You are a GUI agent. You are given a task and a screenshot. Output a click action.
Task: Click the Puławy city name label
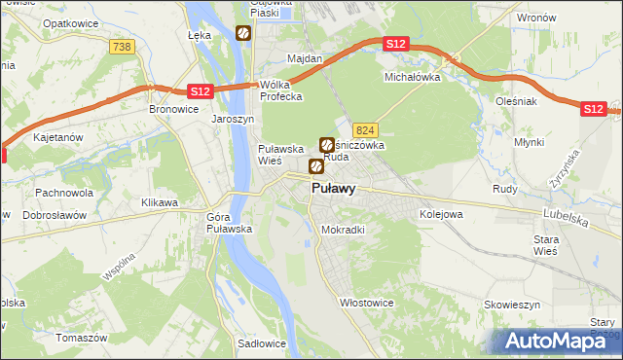pyautogui.click(x=333, y=189)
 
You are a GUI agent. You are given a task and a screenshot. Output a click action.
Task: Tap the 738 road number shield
pyautogui.click(x=122, y=47)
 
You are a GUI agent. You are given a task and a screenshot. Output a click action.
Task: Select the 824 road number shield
pyautogui.click(x=365, y=130)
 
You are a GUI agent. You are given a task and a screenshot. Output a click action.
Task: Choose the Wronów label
pyautogui.click(x=536, y=18)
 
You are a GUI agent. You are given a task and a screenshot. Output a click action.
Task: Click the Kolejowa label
pyautogui.click(x=440, y=213)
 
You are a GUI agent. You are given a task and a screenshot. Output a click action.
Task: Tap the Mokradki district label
pyautogui.click(x=343, y=231)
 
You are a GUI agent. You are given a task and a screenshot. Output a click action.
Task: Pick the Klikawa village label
pyautogui.click(x=160, y=202)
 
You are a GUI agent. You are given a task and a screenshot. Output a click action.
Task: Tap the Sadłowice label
pyautogui.click(x=261, y=343)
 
